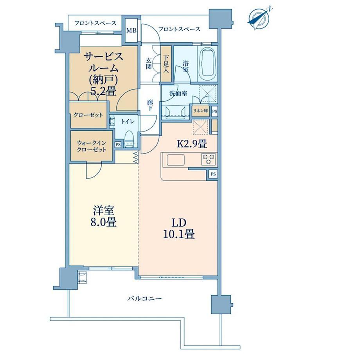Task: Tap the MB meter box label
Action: coord(131,30)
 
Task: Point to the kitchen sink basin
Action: coord(176,160)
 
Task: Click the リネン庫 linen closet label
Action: coord(201,111)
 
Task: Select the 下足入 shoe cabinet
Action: coord(166,64)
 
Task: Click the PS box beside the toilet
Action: coord(118,145)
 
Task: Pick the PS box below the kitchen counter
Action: coord(213,174)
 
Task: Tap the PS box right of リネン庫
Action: coord(214,112)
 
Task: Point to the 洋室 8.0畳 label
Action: coord(104,216)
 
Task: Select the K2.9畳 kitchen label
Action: coord(192,144)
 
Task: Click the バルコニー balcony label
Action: coord(145,299)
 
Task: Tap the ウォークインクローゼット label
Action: coord(92,146)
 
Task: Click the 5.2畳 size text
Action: coord(103,92)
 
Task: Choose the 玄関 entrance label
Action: coord(149,64)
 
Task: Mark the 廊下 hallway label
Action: coord(150,105)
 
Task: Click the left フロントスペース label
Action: coord(95,23)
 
